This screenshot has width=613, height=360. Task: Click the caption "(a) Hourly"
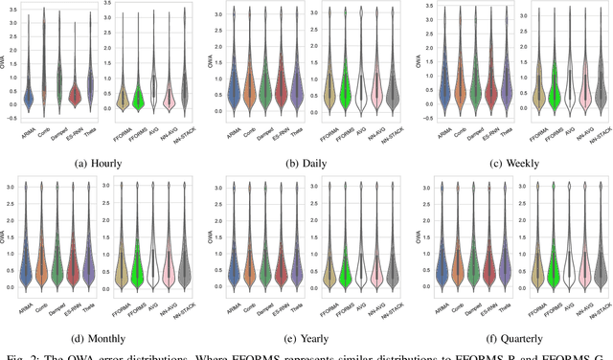(x=102, y=163)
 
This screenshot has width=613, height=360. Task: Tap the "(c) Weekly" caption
(x=511, y=163)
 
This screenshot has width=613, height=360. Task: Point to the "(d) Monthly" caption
(x=102, y=336)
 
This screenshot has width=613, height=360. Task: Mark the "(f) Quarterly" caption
(x=511, y=336)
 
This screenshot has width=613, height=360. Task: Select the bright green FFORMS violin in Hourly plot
(x=138, y=96)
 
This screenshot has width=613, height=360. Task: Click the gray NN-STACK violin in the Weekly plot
(x=599, y=91)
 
